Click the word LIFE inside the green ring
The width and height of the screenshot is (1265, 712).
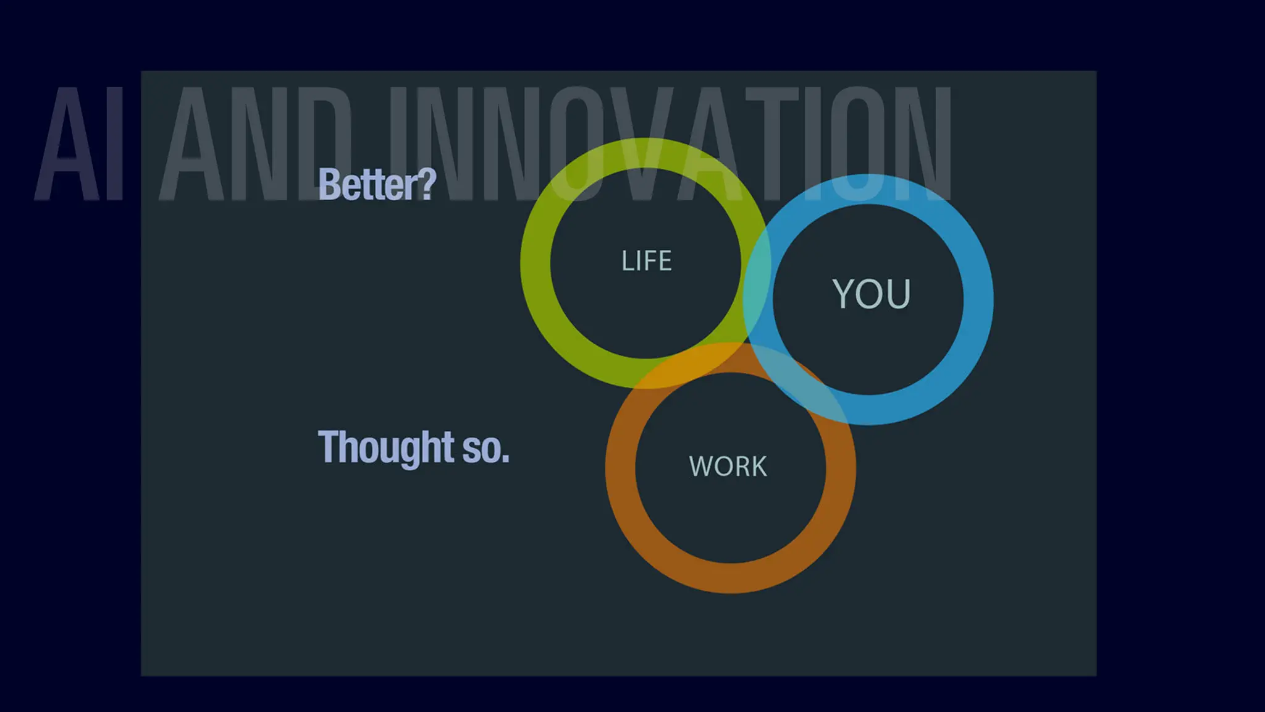point(646,261)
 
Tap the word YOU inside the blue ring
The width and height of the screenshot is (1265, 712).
point(871,294)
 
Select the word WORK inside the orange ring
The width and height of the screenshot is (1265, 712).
point(728,466)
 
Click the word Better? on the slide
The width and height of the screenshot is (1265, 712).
point(377,184)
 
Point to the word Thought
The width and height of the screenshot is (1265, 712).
point(386,447)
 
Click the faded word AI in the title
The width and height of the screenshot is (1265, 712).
point(79,143)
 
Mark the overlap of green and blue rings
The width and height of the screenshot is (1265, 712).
point(757,297)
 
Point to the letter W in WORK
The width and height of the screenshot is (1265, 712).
point(700,466)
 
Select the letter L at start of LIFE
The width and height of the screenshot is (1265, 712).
point(626,261)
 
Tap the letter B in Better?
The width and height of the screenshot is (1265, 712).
point(328,184)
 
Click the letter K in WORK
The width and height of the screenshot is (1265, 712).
point(759,466)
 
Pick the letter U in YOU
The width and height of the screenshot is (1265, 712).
point(899,294)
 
